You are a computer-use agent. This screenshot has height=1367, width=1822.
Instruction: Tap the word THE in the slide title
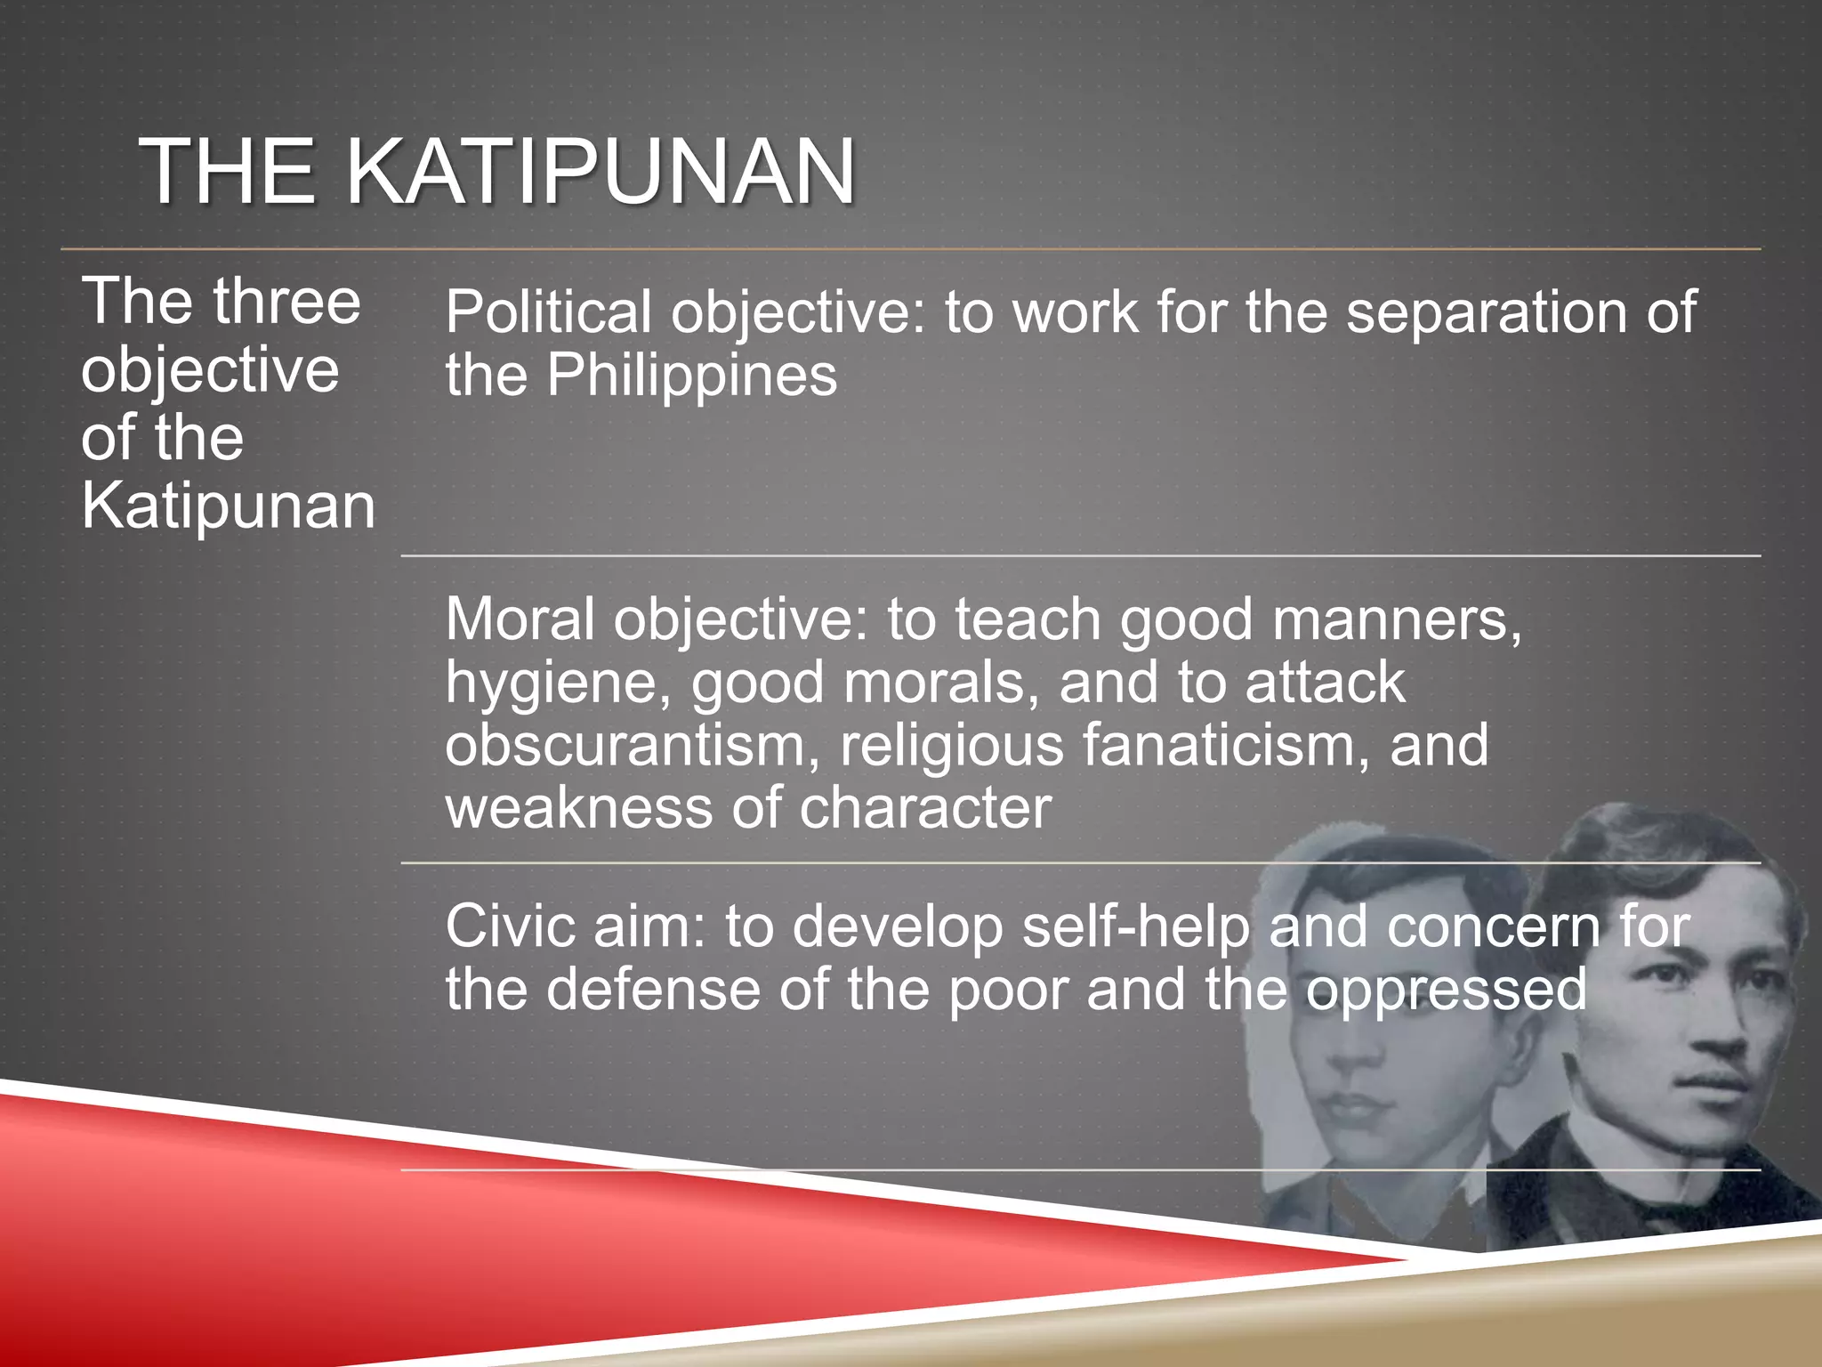[x=228, y=171]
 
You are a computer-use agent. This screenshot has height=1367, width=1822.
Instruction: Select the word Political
[x=548, y=313]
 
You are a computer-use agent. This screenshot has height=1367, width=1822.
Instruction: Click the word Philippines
[x=691, y=376]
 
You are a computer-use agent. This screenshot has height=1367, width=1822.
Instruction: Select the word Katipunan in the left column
[x=228, y=506]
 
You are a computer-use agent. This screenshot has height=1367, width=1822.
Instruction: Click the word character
[x=925, y=808]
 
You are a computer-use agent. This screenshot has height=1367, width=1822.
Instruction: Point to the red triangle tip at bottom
[x=1397, y=1258]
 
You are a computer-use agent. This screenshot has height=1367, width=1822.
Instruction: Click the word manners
[x=1397, y=619]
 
